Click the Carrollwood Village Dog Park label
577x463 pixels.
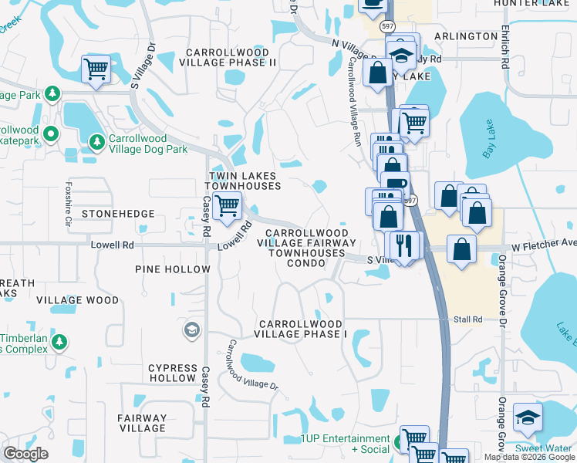coord(148,143)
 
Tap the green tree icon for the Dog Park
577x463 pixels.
coord(97,142)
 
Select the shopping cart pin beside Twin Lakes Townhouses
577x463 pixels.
coord(227,206)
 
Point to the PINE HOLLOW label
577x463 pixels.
coord(172,269)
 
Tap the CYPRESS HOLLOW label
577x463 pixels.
coord(172,373)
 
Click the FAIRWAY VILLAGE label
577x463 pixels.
coord(142,423)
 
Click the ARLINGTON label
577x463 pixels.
coord(466,36)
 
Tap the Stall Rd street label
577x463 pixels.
coord(467,319)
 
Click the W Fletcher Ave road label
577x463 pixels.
coord(544,243)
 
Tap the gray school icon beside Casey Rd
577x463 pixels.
coord(191,331)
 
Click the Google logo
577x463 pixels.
coord(25,454)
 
